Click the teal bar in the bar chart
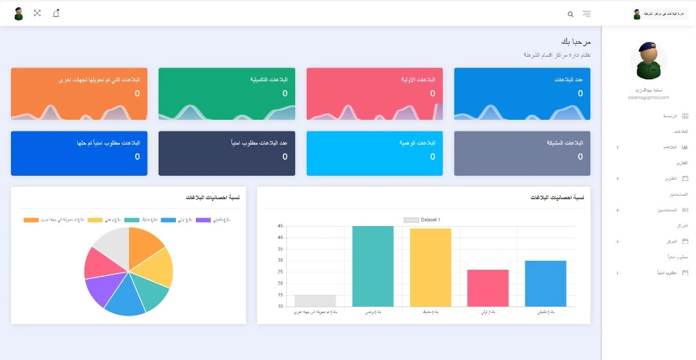(372, 266)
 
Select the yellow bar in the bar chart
(430, 267)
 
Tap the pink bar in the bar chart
(488, 288)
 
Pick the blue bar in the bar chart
(545, 283)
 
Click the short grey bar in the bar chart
(315, 301)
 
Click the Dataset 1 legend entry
(422, 220)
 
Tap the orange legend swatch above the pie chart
(31, 220)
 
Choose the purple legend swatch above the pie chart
(203, 220)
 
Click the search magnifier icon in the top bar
(570, 14)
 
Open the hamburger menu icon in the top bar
(586, 14)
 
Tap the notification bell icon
(56, 14)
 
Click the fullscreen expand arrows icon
(37, 14)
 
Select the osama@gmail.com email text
(649, 97)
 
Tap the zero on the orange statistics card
(137, 93)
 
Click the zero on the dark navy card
(285, 156)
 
